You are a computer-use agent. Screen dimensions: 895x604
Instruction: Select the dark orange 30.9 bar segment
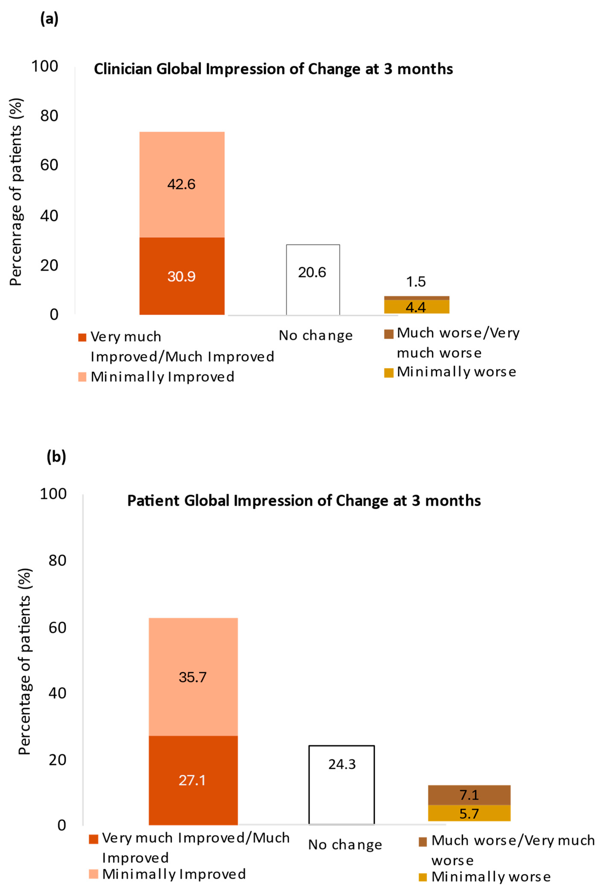pos(182,276)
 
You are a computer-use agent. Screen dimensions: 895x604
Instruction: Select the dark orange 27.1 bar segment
pos(193,780)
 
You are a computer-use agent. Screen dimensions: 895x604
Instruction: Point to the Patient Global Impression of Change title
pos(304,501)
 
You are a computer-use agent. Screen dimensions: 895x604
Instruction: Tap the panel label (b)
pos(56,457)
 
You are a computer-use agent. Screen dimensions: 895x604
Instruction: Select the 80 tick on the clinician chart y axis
pos(49,116)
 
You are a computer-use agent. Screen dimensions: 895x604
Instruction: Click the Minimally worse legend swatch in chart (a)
pos(389,373)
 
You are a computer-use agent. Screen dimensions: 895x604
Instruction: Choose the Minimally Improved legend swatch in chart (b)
pos(94,874)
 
